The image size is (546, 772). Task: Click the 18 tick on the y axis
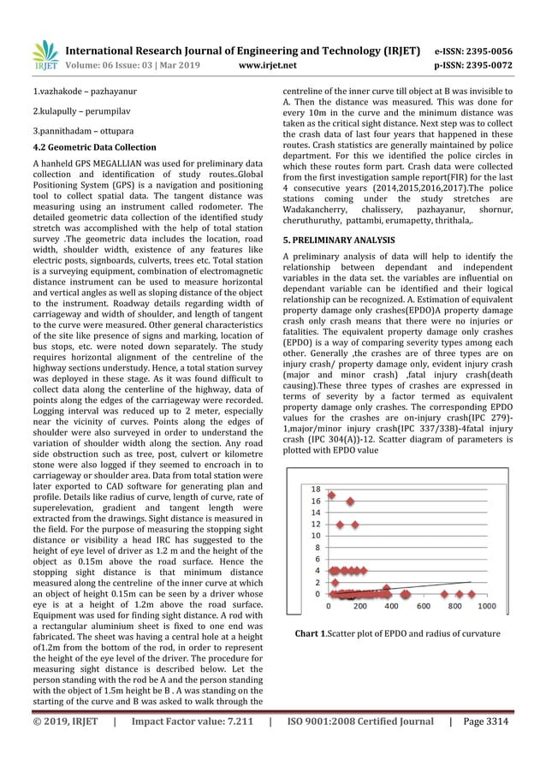317,489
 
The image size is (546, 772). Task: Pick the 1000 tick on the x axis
485,606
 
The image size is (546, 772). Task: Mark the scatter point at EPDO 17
331,495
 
